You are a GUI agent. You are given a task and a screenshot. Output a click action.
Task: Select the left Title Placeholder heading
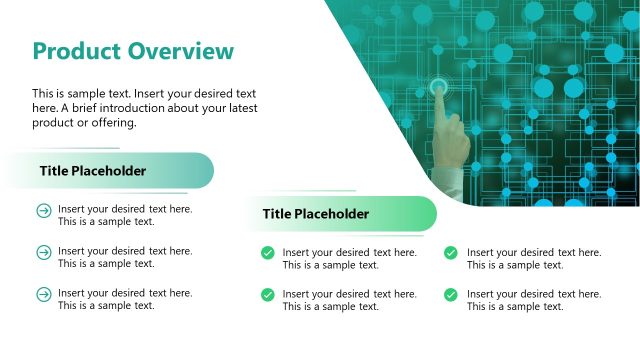pyautogui.click(x=93, y=171)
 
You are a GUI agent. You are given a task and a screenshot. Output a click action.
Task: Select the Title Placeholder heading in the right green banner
pyautogui.click(x=316, y=214)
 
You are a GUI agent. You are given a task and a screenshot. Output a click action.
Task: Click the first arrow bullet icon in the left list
pyautogui.click(x=43, y=210)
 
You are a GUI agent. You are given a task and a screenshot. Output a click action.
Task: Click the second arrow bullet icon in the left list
pyautogui.click(x=43, y=252)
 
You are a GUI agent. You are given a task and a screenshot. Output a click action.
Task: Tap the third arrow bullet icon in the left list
pyautogui.click(x=43, y=294)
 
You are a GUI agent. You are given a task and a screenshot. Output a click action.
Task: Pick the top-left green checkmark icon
pyautogui.click(x=268, y=253)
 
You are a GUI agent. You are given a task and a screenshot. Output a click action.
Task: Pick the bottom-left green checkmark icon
pyautogui.click(x=268, y=295)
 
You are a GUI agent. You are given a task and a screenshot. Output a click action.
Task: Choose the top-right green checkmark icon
pyautogui.click(x=451, y=253)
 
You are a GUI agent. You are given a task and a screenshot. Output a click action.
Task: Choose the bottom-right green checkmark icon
pyautogui.click(x=451, y=295)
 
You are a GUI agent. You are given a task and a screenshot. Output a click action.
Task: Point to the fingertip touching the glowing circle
pyautogui.click(x=439, y=89)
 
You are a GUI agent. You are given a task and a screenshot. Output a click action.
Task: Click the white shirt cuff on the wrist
pyautogui.click(x=446, y=186)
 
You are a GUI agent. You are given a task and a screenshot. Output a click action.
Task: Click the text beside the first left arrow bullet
pyautogui.click(x=125, y=215)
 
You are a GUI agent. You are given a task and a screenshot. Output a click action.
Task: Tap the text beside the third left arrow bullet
pyautogui.click(x=125, y=299)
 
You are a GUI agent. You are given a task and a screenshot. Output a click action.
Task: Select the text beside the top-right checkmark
pyautogui.click(x=534, y=259)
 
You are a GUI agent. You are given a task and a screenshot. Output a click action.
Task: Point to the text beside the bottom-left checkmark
pyautogui.click(x=349, y=300)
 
